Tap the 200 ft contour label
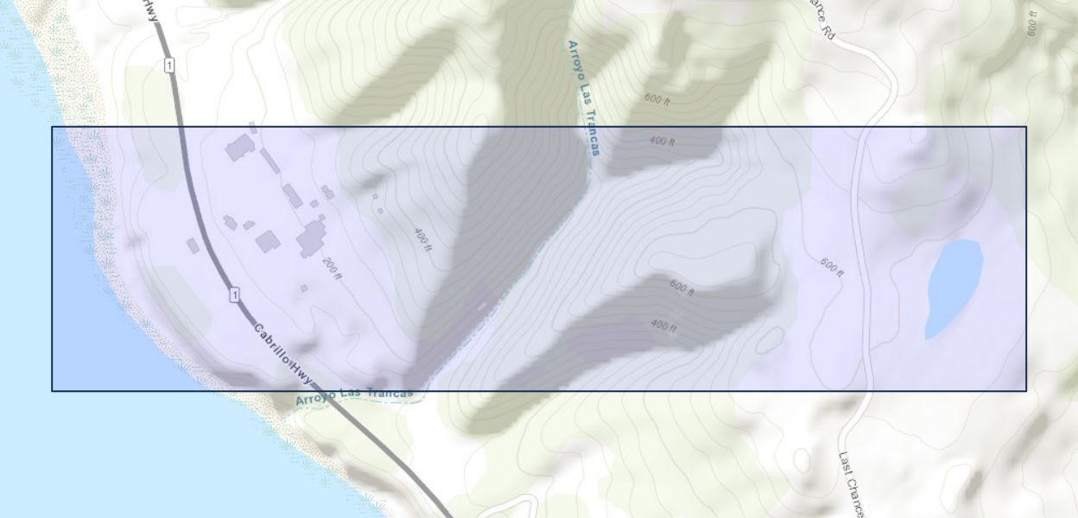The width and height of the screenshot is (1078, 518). point(333,268)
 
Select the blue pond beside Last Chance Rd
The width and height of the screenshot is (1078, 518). point(953,287)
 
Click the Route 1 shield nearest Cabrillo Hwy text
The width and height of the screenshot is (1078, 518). point(234,296)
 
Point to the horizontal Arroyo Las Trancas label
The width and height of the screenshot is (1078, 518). point(354,396)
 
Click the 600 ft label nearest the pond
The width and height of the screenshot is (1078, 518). point(831,267)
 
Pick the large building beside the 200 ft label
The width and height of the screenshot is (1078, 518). point(312,237)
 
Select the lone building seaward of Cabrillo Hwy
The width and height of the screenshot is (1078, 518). point(193,245)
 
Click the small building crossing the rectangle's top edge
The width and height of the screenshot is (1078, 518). point(252,128)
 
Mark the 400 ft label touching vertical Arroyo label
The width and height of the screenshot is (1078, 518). point(662,140)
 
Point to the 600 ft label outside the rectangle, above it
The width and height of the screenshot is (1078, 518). point(656,99)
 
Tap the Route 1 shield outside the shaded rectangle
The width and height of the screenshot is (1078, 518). point(169,66)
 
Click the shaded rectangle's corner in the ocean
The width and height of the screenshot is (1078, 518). point(52,390)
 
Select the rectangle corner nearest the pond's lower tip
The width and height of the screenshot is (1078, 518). point(1026,390)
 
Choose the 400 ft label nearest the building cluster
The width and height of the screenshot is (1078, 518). point(422,238)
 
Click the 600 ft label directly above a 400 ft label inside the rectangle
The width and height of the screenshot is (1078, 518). point(682,287)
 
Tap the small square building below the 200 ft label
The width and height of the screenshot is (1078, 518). point(304,288)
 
